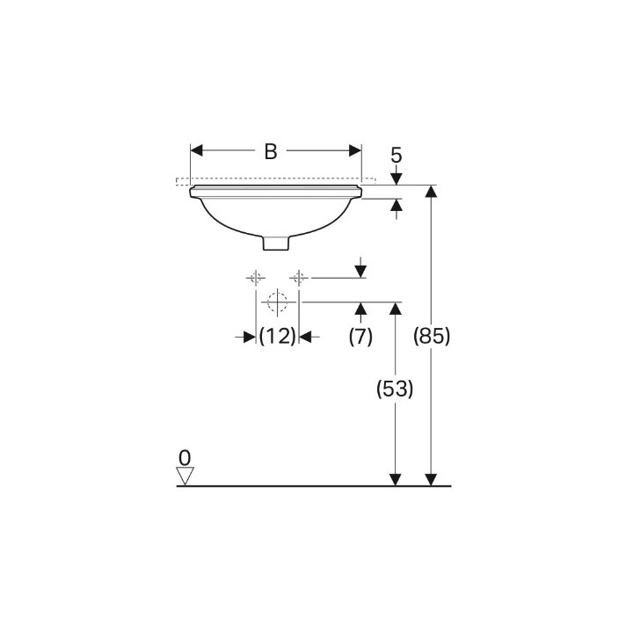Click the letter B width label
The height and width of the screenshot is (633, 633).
click(x=271, y=151)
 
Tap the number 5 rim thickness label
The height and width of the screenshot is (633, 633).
click(x=396, y=156)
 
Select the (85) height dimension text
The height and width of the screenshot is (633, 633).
click(x=431, y=336)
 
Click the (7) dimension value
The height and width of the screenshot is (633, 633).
click(x=360, y=336)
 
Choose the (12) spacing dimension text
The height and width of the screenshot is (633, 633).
click(x=277, y=336)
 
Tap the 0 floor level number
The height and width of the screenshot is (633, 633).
click(x=184, y=457)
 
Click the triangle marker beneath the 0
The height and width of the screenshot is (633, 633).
click(x=184, y=476)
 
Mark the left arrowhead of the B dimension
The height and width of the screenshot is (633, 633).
click(x=198, y=151)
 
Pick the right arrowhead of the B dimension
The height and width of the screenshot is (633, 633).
click(x=355, y=151)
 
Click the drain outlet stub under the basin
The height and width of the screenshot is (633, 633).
click(x=276, y=241)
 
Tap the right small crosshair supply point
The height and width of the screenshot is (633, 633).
click(x=299, y=278)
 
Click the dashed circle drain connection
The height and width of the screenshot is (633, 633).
click(x=277, y=302)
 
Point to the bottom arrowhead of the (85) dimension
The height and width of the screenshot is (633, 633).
click(x=431, y=479)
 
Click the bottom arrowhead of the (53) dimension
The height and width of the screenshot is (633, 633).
click(x=396, y=479)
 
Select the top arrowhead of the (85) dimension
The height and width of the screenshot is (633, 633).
click(x=431, y=192)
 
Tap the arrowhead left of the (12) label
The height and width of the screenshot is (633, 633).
click(x=250, y=336)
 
